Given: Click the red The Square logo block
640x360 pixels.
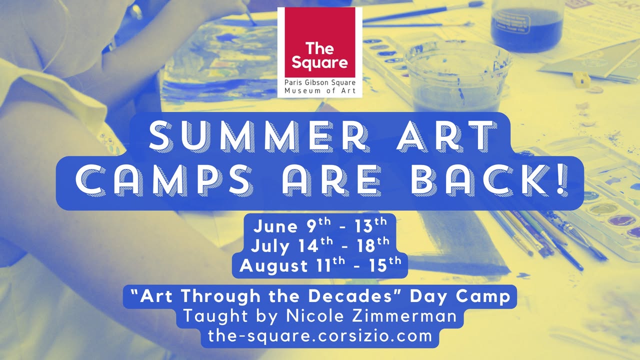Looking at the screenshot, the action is point(319,42).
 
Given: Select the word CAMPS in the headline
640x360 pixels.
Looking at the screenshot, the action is point(163,180).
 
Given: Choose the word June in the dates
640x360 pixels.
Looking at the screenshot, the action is point(275,226).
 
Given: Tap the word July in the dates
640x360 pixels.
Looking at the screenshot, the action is point(269,246).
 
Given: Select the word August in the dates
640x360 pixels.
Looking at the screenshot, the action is point(273,266).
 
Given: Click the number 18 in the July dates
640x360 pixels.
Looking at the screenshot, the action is point(366,245).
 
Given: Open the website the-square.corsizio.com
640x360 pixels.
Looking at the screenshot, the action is point(319,336).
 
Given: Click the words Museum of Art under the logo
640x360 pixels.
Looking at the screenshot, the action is point(320,91).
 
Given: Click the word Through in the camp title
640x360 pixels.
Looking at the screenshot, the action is point(221,296).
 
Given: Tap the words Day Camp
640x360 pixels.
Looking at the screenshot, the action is point(460,296).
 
